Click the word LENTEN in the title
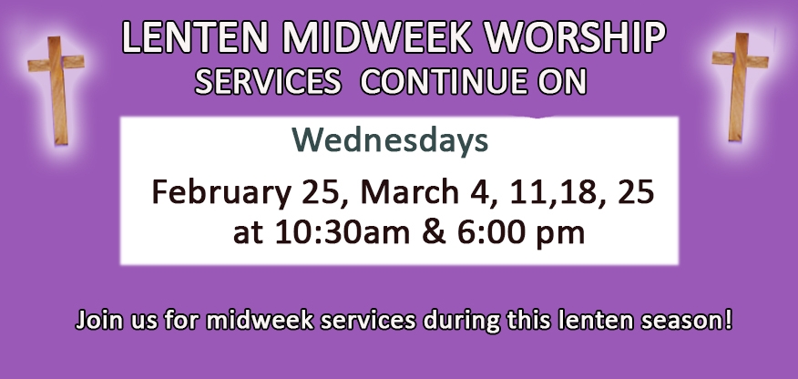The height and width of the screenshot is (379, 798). [x=195, y=37]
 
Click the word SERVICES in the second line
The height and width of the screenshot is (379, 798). [x=268, y=81]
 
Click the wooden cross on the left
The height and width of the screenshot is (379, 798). [x=56, y=90]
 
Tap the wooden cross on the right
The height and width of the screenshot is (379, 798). [x=740, y=87]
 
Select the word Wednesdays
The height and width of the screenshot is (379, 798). [x=390, y=141]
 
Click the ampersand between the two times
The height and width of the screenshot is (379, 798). [x=434, y=232]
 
